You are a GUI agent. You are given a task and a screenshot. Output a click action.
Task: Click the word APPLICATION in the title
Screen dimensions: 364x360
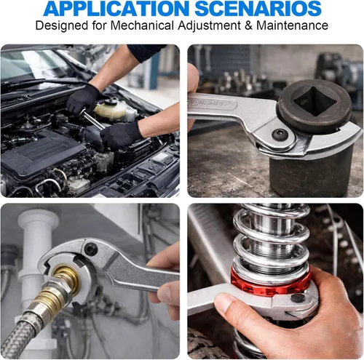click(x=116, y=9)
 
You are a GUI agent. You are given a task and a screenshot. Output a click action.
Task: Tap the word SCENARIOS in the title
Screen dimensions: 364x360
click(x=258, y=9)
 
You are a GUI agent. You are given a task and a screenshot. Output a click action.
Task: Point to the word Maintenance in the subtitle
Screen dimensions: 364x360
click(x=292, y=25)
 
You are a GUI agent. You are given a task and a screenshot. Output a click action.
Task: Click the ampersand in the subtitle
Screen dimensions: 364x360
click(x=248, y=25)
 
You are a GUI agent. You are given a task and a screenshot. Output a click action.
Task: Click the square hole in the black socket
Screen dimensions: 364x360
click(x=314, y=100)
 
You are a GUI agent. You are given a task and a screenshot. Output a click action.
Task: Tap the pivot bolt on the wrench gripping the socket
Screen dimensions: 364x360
click(x=280, y=135)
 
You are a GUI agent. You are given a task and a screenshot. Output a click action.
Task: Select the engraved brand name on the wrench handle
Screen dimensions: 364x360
click(x=207, y=103)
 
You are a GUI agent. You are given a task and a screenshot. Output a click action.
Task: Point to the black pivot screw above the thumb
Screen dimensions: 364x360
click(x=298, y=297)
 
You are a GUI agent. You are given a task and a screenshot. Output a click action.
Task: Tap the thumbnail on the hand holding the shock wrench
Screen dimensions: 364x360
click(x=224, y=303)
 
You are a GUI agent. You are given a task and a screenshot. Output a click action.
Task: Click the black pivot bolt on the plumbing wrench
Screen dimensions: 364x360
click(x=90, y=249)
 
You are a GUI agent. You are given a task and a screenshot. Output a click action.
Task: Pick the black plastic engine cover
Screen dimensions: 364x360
click(x=44, y=153)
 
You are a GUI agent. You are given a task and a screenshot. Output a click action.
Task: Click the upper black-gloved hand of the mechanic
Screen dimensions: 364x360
click(x=82, y=99)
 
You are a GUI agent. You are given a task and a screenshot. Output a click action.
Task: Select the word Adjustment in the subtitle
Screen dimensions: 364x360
click(x=209, y=26)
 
